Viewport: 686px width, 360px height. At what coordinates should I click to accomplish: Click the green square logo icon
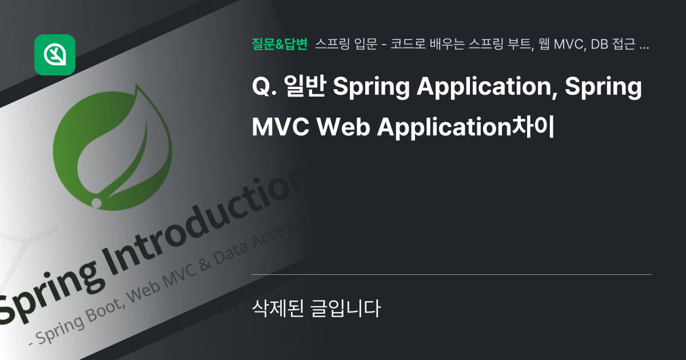pyautogui.click(x=55, y=55)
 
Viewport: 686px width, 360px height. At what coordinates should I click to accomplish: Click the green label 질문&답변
pyautogui.click(x=279, y=45)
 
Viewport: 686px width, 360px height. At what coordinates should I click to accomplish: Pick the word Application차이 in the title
pyautogui.click(x=466, y=127)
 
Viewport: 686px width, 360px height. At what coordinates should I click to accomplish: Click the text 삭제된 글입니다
pyautogui.click(x=316, y=309)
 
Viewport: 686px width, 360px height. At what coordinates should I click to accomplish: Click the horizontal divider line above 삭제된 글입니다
pyautogui.click(x=451, y=274)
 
